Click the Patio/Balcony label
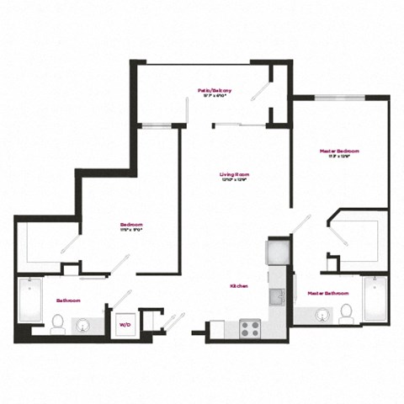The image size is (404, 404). [x=215, y=90]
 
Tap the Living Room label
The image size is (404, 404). [x=236, y=175]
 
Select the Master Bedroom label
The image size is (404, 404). [x=339, y=151]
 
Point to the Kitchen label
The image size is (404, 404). [x=239, y=286]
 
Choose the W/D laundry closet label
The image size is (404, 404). [x=125, y=324]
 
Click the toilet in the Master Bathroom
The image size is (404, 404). [x=346, y=314]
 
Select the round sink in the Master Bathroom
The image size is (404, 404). [x=322, y=316]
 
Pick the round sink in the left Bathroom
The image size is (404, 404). [x=85, y=324]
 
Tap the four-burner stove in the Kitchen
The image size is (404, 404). [x=249, y=327]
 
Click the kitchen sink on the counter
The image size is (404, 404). [x=276, y=296]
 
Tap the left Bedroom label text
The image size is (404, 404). [x=130, y=225]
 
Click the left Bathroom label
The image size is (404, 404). [x=69, y=300]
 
